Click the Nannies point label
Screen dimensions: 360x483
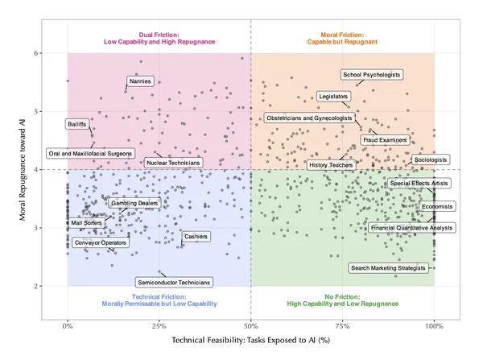point(138,81)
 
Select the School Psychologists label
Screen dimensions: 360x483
point(371,74)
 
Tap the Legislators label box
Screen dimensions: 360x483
point(334,96)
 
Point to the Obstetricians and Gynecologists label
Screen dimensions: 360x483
point(309,118)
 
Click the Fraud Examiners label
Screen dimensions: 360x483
point(385,140)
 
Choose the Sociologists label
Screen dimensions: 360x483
point(431,160)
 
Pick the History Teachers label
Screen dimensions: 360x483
point(331,165)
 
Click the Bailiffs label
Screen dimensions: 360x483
point(78,124)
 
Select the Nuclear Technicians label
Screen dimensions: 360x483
point(173,163)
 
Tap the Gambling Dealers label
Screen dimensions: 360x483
point(134,204)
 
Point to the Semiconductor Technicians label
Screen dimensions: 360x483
point(174,283)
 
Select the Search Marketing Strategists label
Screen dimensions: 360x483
point(387,267)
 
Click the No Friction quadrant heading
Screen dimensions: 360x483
point(342,302)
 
